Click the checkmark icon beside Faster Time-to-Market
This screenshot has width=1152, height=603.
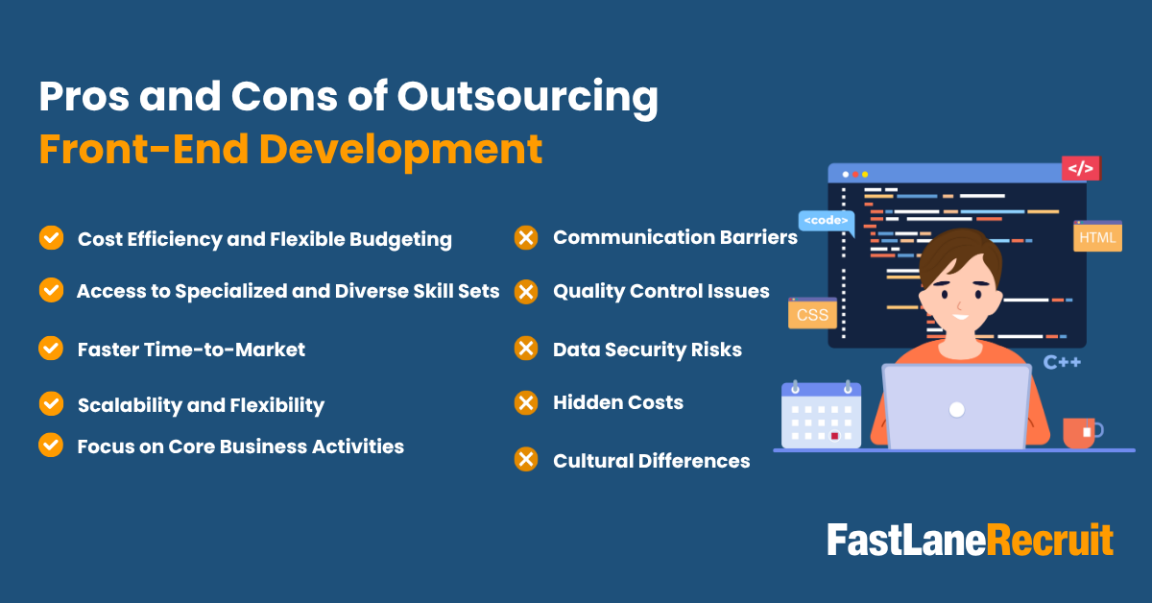click(x=51, y=348)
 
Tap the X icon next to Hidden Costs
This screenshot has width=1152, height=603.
click(x=526, y=402)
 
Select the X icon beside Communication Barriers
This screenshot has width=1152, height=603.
click(x=526, y=237)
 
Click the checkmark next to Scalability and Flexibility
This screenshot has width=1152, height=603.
click(x=51, y=404)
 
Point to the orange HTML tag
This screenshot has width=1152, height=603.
click(x=1097, y=236)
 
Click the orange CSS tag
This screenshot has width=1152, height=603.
click(x=812, y=314)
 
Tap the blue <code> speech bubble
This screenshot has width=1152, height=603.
click(x=826, y=221)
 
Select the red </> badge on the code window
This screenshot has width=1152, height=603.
click(x=1080, y=168)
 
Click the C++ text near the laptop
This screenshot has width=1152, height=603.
click(x=1063, y=362)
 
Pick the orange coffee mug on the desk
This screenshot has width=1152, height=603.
click(x=1080, y=432)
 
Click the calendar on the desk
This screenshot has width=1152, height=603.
click(x=821, y=415)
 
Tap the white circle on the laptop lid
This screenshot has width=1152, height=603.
click(x=956, y=410)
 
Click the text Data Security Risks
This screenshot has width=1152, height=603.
click(x=647, y=350)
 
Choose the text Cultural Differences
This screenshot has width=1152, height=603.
click(x=651, y=461)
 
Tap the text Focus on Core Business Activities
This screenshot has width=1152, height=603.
click(x=240, y=446)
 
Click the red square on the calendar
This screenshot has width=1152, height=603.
click(x=834, y=436)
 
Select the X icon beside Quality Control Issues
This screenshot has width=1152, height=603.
click(x=526, y=291)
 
